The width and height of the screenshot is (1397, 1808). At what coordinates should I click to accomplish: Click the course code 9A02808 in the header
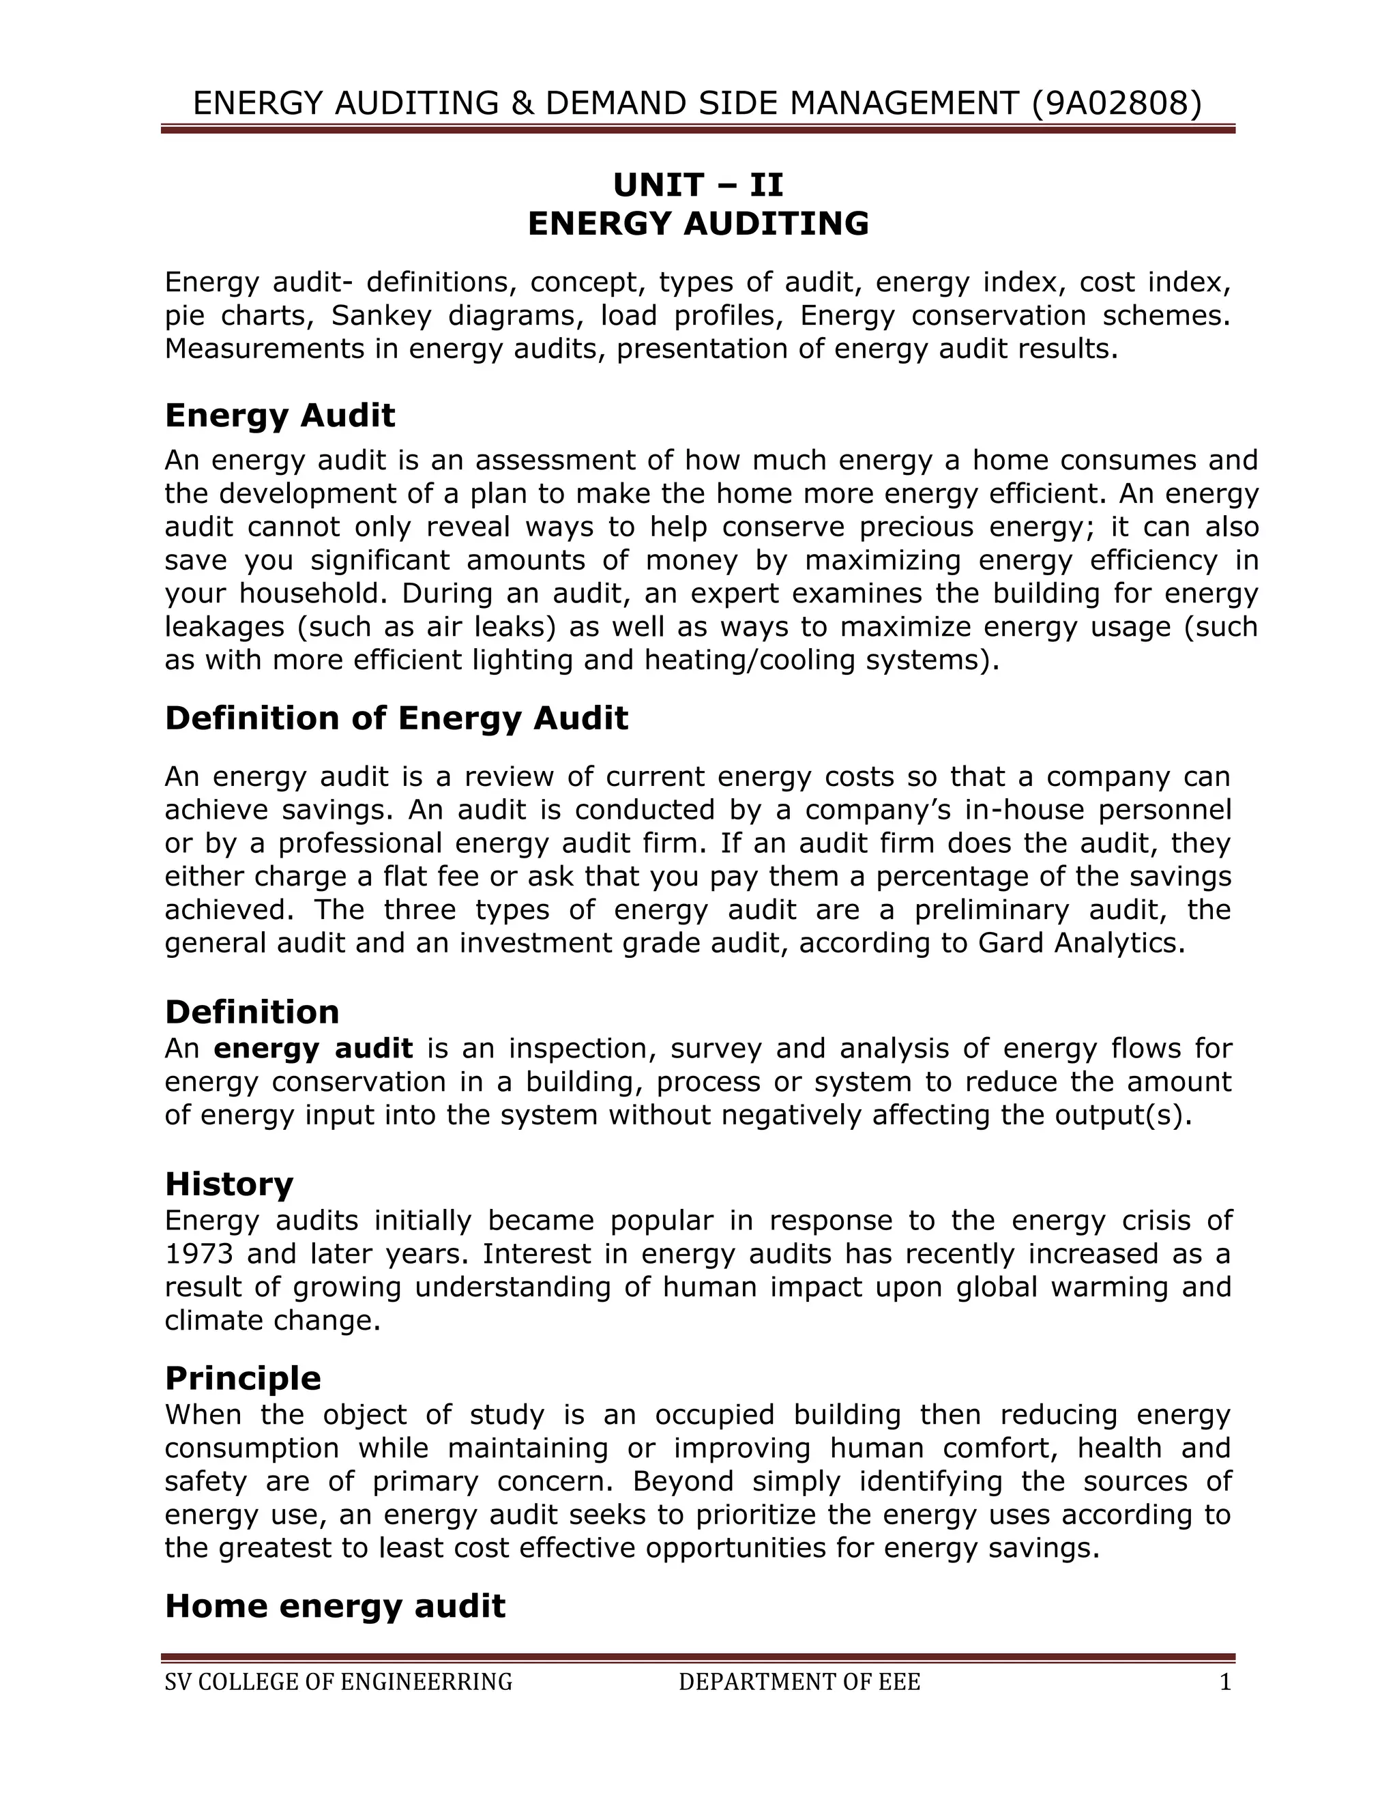(1115, 104)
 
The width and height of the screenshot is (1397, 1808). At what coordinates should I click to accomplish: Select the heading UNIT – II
(698, 185)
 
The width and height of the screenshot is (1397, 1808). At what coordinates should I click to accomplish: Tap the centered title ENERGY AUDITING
(698, 224)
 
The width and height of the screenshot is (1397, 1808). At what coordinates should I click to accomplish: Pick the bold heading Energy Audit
(280, 415)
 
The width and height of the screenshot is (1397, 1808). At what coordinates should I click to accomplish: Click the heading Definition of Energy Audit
(396, 718)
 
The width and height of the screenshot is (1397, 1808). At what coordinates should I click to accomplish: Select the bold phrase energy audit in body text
(313, 1048)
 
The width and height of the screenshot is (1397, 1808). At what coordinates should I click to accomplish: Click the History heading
(229, 1184)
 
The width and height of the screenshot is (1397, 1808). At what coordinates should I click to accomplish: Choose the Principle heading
(242, 1378)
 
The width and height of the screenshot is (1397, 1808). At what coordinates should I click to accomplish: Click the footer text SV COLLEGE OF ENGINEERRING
(338, 1682)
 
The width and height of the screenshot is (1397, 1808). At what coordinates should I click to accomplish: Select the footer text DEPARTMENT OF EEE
(799, 1682)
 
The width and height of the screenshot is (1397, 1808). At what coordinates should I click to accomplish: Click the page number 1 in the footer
(1226, 1682)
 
